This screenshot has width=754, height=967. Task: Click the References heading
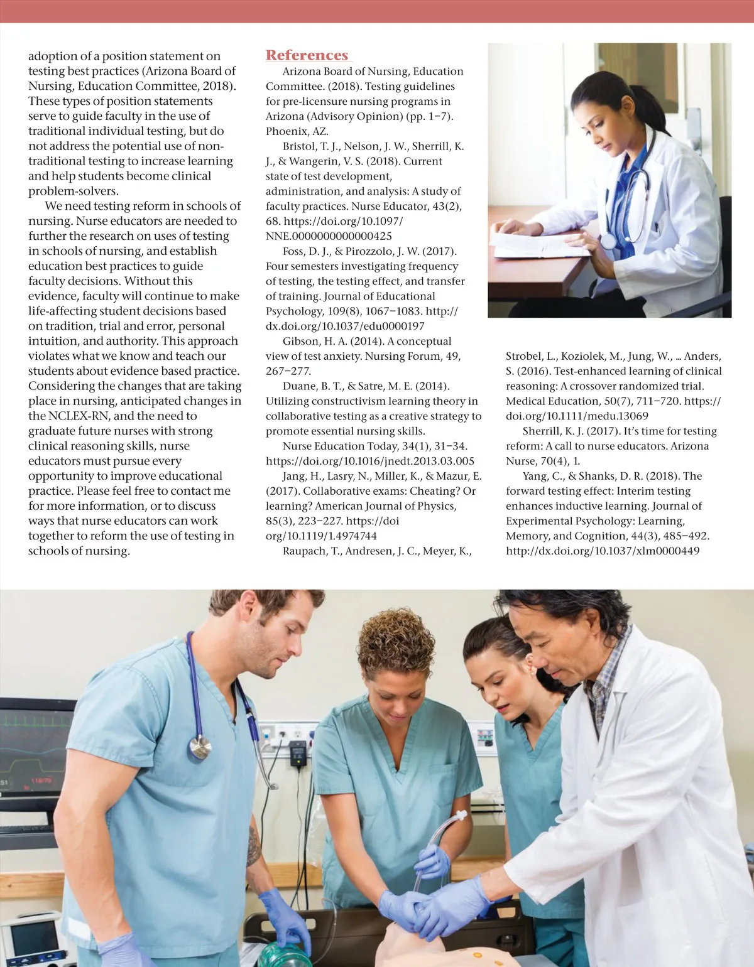[x=307, y=55]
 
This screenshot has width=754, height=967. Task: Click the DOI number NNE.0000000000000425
[x=329, y=236]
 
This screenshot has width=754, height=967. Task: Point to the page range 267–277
[x=288, y=371]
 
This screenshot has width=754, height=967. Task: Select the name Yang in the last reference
[x=534, y=476]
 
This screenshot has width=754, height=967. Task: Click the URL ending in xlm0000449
[x=603, y=551]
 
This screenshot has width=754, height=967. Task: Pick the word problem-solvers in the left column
[x=74, y=191]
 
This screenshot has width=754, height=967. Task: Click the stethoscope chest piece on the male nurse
[x=200, y=747]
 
